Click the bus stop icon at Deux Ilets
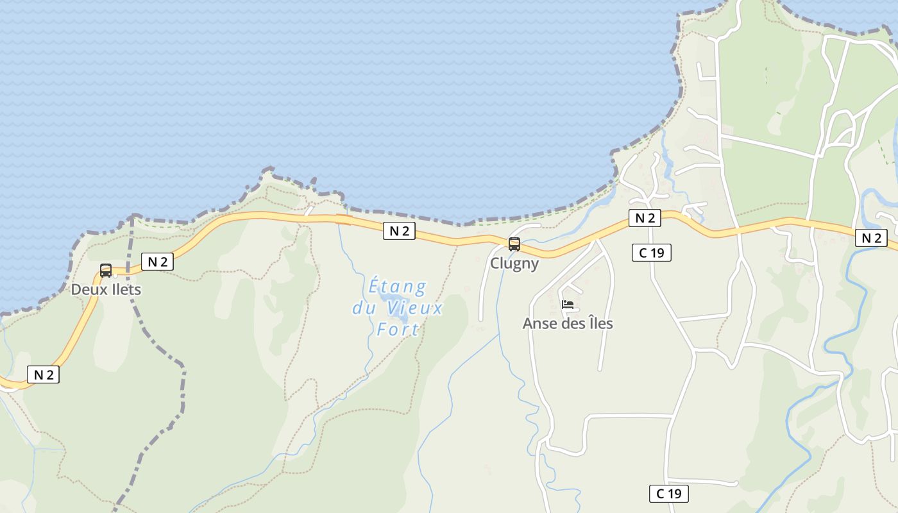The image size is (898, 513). (x=106, y=271)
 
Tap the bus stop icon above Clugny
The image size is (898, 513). (x=514, y=244)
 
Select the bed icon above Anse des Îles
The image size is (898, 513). (x=568, y=305)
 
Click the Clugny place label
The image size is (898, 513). (x=514, y=264)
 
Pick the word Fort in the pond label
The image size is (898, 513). (x=398, y=330)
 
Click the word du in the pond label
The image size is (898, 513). (x=364, y=308)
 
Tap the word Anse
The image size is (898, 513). (x=539, y=323)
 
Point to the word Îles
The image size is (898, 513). (x=598, y=323)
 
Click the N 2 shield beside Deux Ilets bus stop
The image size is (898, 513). (x=157, y=261)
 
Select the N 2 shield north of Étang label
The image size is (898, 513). (x=399, y=231)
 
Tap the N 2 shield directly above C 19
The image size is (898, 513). (x=645, y=218)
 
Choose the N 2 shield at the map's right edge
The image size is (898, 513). (x=871, y=239)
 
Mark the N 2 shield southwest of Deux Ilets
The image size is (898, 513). (x=43, y=374)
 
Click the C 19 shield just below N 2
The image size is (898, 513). (x=652, y=253)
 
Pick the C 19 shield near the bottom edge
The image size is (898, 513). (x=669, y=494)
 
